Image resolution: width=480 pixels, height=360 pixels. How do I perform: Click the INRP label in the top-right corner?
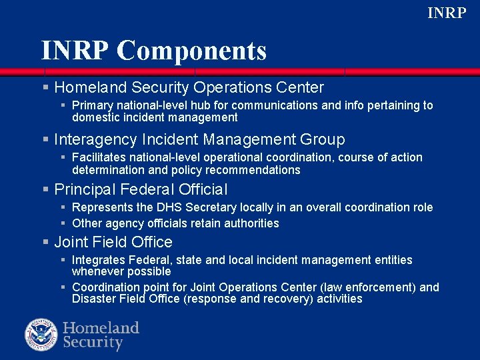click(x=446, y=13)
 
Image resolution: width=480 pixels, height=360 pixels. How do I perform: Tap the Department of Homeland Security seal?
click(x=42, y=335)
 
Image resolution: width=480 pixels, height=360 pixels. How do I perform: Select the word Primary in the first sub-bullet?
click(x=91, y=105)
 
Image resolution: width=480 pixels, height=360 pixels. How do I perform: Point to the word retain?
click(x=208, y=223)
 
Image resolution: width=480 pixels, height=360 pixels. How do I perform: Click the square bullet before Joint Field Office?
click(x=45, y=242)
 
